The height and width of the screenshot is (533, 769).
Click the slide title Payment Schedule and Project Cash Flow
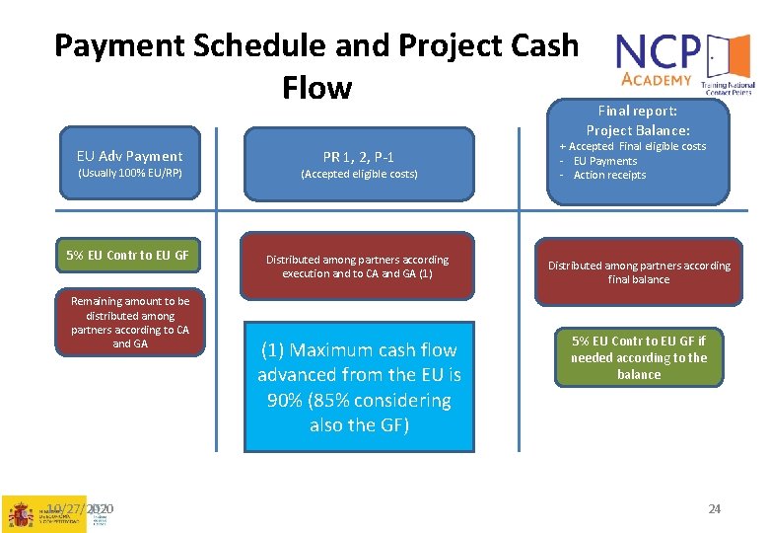pos(315,65)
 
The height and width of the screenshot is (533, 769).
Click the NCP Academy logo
pos(683,62)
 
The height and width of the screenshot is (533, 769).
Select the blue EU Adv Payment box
pos(129,164)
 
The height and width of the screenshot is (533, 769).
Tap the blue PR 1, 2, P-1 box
pos(359,164)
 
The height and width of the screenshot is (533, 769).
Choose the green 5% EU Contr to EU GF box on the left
pos(128,256)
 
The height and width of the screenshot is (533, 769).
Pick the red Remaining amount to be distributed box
pos(129,323)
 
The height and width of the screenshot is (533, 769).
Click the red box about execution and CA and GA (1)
pos(357,266)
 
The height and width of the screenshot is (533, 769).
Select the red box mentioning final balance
pos(639,272)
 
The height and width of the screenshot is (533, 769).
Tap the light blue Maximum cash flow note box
pos(359,387)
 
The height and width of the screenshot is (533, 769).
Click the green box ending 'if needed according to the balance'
pos(639,357)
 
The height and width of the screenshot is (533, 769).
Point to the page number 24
pos(715,509)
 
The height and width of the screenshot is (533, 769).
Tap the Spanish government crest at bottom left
pos(20,514)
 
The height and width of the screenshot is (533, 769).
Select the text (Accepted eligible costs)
pos(359,175)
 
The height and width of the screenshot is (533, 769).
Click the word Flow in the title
pos(315,88)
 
